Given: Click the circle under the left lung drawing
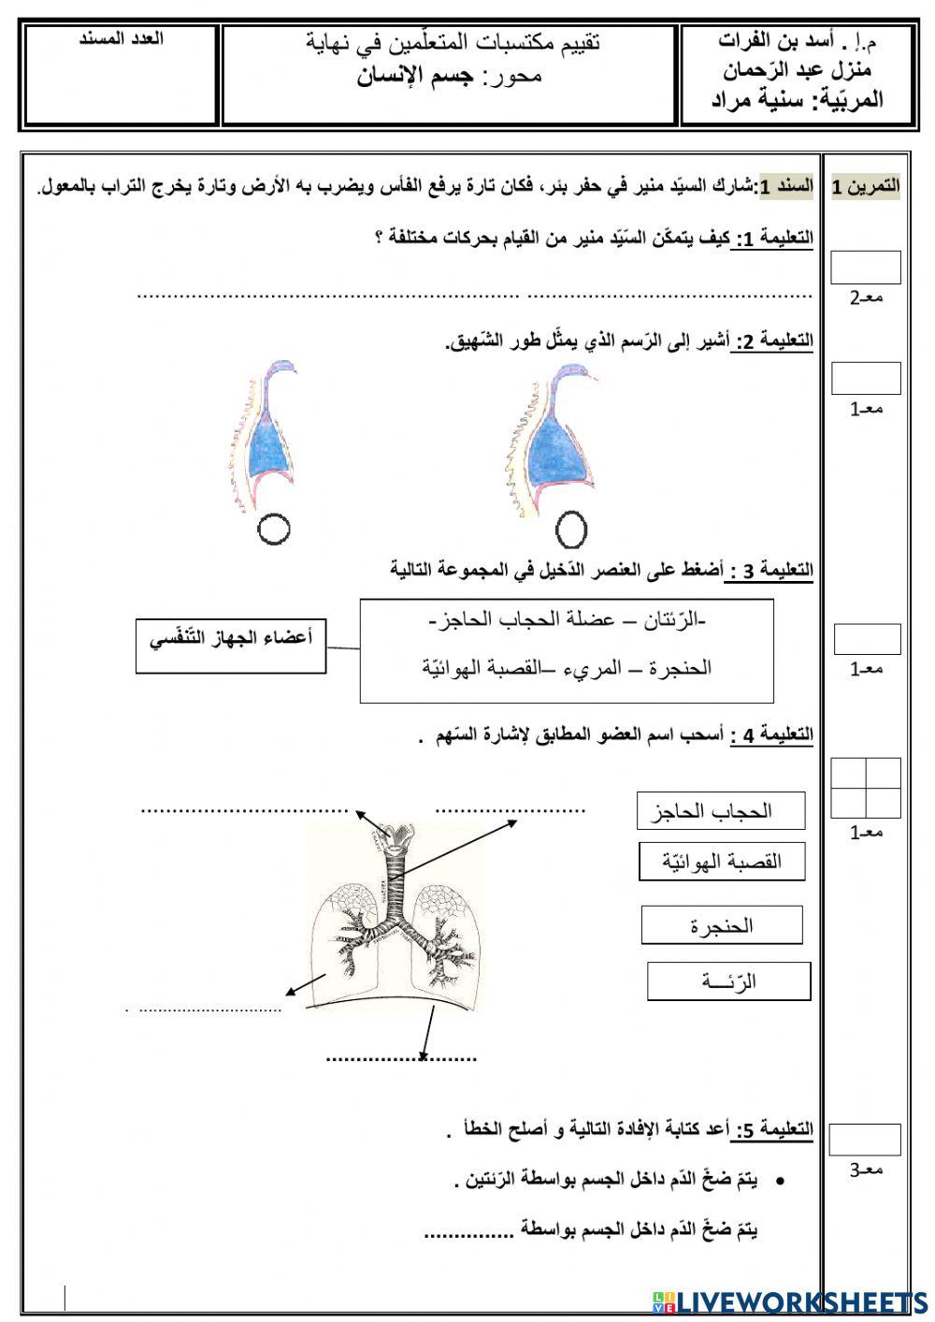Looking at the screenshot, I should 273,530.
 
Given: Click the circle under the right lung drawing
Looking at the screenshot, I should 570,530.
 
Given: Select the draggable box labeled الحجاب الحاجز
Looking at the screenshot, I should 720,811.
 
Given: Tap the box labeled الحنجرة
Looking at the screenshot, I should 721,925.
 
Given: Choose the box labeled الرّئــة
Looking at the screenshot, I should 728,981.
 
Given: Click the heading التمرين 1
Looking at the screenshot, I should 866,186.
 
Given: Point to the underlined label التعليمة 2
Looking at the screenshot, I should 774,341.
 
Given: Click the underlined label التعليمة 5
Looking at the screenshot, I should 772,1130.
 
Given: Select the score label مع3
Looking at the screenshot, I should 866,1169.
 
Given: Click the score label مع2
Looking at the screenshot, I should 866,298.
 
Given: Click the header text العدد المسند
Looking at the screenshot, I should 122,39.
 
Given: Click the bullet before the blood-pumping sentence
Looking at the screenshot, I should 779,1182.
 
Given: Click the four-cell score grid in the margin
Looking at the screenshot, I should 866,788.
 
